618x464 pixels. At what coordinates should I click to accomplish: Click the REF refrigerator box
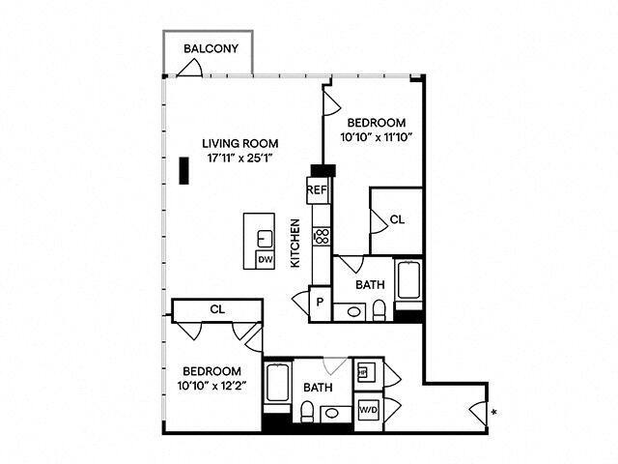[317, 190]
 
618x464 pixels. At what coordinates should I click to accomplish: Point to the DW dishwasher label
[265, 259]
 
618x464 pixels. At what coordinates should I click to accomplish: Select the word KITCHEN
[295, 243]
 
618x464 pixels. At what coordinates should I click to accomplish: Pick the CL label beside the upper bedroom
[397, 221]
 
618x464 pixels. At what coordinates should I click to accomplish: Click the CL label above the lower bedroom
[217, 310]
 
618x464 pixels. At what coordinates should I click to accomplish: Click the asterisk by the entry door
[494, 414]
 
